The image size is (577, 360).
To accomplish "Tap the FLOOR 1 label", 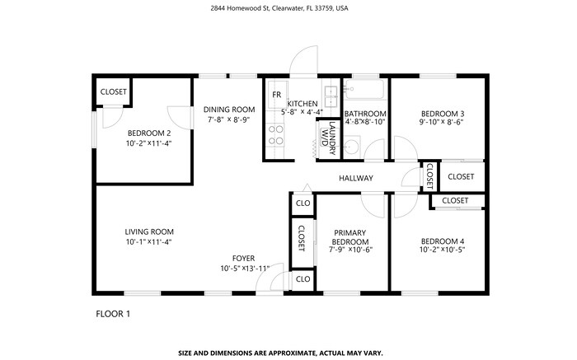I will (113, 314).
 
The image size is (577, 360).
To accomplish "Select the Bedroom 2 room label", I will (148, 133).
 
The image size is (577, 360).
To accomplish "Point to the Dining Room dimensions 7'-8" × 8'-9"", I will (229, 120).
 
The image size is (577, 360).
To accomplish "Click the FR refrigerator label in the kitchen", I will (276, 94).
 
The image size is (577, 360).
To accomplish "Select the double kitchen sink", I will (331, 96).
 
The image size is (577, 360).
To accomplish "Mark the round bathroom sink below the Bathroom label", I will (350, 147).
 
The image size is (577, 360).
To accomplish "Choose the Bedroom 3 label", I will (443, 114).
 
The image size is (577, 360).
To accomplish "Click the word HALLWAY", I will (355, 178).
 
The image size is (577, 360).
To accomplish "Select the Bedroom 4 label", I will (443, 240).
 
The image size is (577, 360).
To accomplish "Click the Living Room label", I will (149, 231).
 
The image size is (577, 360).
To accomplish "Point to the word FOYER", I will (243, 258).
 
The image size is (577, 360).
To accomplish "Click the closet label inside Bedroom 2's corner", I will (113, 92).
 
